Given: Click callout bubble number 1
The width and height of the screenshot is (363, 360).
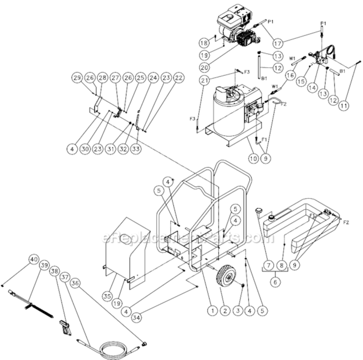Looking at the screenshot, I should pyautogui.click(x=211, y=311).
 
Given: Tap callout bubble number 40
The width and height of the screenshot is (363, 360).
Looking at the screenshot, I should pyautogui.click(x=33, y=259).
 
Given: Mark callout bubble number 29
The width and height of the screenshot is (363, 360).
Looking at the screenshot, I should pyautogui.click(x=77, y=78).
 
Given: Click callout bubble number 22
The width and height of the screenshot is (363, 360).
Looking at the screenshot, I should pyautogui.click(x=178, y=78).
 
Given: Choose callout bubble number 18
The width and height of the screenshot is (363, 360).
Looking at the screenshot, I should pyautogui.click(x=203, y=42).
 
